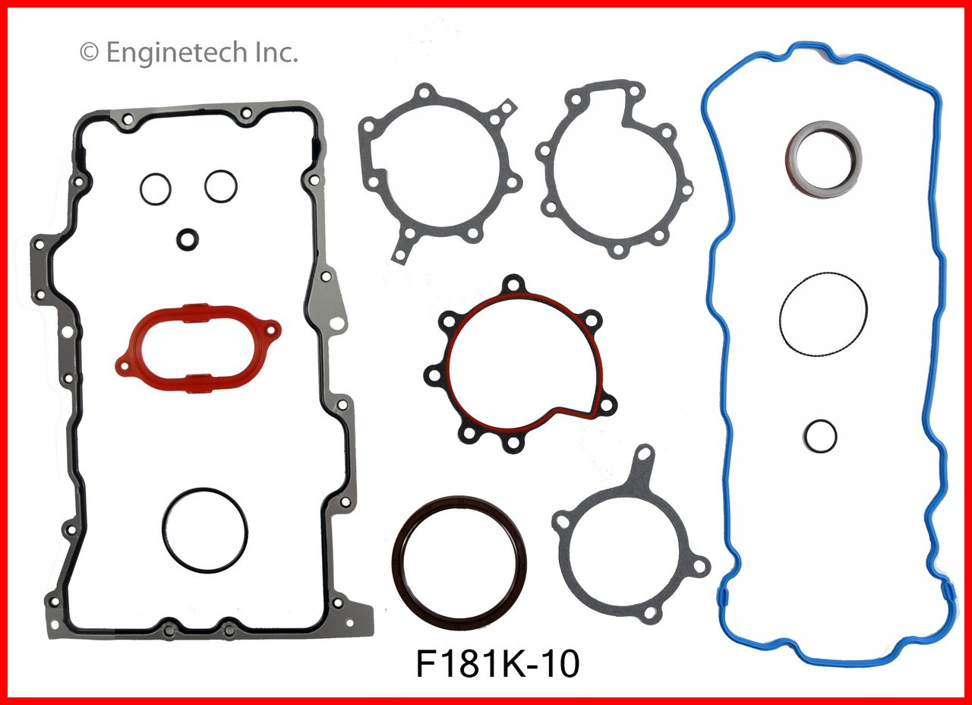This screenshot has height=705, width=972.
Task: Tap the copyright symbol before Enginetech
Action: pyautogui.click(x=89, y=53)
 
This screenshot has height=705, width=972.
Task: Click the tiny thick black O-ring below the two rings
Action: pyautogui.click(x=187, y=239)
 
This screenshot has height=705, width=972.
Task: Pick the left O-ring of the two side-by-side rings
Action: pyautogui.click(x=156, y=187)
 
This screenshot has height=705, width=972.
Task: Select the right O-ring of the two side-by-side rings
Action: pyautogui.click(x=219, y=186)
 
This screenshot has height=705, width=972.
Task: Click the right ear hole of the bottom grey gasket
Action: pyautogui.click(x=700, y=565)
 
